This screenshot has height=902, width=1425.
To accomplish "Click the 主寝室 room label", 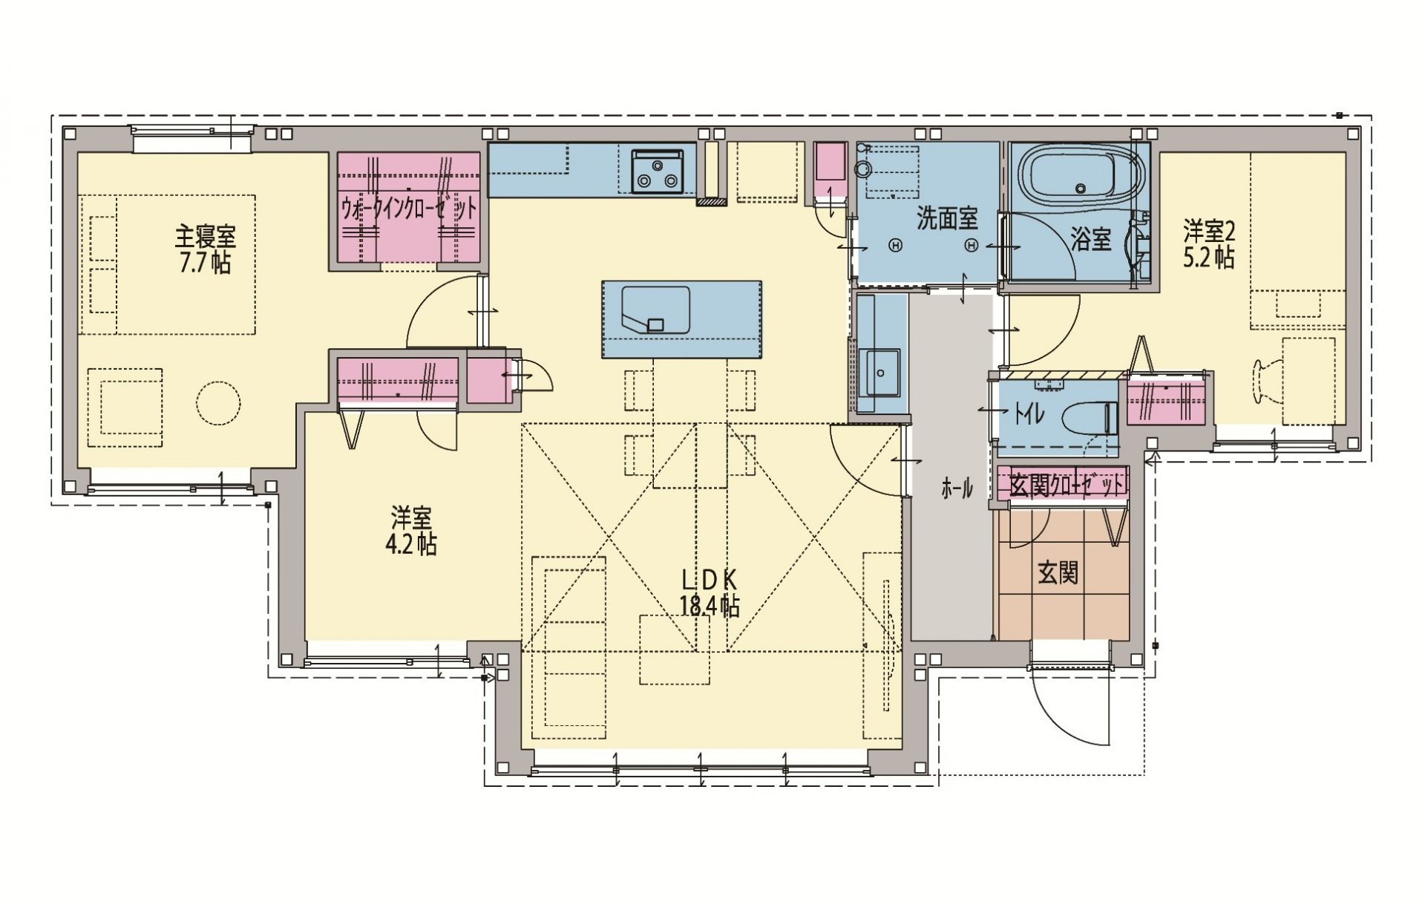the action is (205, 238).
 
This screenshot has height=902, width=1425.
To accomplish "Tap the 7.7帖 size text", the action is (205, 263).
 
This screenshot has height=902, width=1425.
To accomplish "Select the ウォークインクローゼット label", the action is (408, 209).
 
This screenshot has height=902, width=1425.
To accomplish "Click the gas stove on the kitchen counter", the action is (657, 171).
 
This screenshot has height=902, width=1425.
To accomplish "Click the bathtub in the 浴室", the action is (1078, 179).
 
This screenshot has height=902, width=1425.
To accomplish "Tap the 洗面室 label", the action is (947, 218).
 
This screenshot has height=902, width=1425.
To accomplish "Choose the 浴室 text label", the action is (1091, 239).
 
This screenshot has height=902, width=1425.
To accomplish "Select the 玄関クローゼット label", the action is (1062, 486).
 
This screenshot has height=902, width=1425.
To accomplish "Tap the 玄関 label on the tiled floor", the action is (1058, 573).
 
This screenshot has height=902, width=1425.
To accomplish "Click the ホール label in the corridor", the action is (956, 488).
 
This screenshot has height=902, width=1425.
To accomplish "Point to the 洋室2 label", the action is (1209, 233).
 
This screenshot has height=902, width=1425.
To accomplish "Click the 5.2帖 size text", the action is (1209, 258).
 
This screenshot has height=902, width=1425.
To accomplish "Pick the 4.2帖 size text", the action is (410, 544).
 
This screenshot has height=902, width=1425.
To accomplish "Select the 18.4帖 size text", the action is (709, 607).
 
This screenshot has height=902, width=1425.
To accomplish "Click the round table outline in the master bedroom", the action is (218, 403).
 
